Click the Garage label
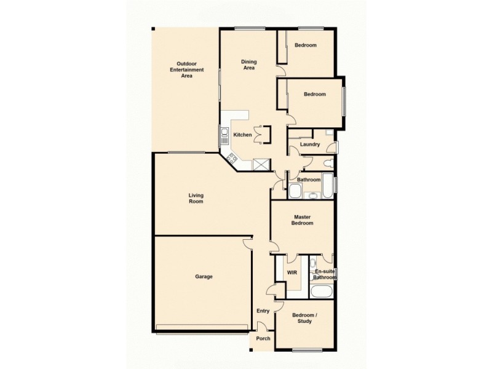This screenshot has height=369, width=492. pyautogui.click(x=204, y=277)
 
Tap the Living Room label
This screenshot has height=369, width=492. pyautogui.click(x=196, y=198)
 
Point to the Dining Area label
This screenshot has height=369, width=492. pyautogui.click(x=248, y=65)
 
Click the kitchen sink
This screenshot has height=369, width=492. pyautogui.click(x=225, y=134)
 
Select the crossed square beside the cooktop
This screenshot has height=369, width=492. pyautogui.click(x=261, y=164)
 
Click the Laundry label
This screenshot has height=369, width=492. pyautogui.click(x=309, y=145)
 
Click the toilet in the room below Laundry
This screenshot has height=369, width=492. pyautogui.click(x=329, y=164)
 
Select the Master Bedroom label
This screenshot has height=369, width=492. pyautogui.click(x=303, y=220)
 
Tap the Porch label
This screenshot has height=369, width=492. pyautogui.click(x=263, y=338)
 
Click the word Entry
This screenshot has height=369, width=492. pyautogui.click(x=263, y=311)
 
